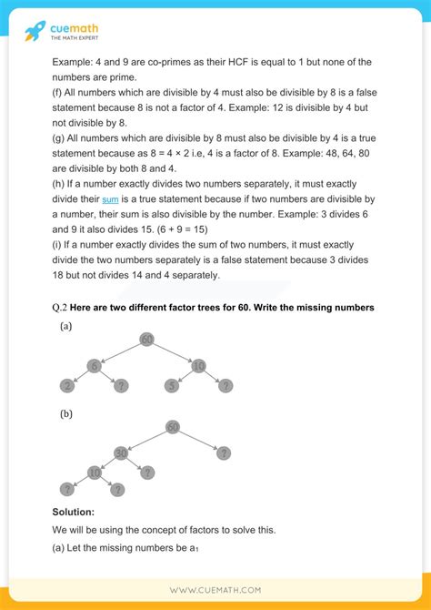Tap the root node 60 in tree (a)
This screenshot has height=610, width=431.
[x=147, y=340]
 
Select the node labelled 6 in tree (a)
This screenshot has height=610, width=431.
[x=93, y=365]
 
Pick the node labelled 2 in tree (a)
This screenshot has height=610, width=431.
[x=66, y=387]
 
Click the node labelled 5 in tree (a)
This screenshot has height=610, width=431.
[x=170, y=387]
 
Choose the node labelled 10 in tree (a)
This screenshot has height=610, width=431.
[x=198, y=365]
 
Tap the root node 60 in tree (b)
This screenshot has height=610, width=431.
[x=173, y=427]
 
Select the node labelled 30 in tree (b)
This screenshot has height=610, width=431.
[x=120, y=452]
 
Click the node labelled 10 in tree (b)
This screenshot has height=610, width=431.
[x=94, y=473]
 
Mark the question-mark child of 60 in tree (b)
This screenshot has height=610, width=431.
[x=224, y=452]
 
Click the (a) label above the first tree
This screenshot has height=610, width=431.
[x=66, y=326]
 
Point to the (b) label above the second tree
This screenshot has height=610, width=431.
[x=66, y=413]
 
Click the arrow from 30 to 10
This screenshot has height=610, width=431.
[x=107, y=463]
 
